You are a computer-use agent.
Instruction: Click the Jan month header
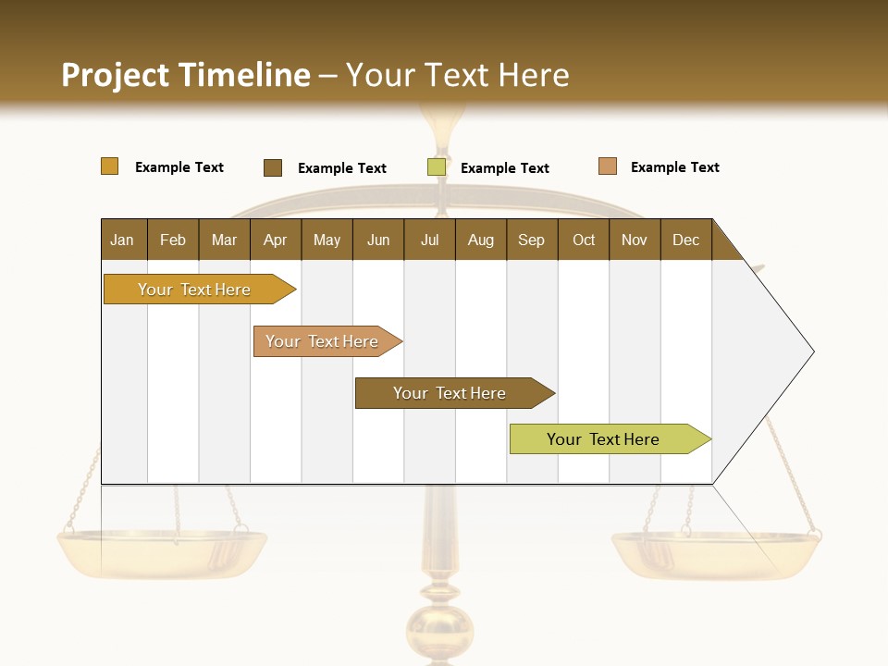pos(123,240)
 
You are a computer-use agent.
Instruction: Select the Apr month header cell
pos(276,240)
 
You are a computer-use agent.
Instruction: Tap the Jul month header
pos(429,240)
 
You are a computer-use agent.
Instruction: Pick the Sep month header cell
pos(532,240)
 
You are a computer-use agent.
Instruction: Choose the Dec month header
pos(685,240)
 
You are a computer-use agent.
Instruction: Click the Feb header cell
pos(173,240)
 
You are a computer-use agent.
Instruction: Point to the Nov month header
pos(635,240)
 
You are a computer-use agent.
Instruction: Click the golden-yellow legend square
pos(109,166)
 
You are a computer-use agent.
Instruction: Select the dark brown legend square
pos(273,167)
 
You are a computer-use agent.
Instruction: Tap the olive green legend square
pos(437,167)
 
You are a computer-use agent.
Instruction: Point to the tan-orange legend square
pos(607,166)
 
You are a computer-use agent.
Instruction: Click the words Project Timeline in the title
pos(185,75)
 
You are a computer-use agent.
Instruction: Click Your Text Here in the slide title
pos(457,75)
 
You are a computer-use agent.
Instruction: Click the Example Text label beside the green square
pos(504,168)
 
